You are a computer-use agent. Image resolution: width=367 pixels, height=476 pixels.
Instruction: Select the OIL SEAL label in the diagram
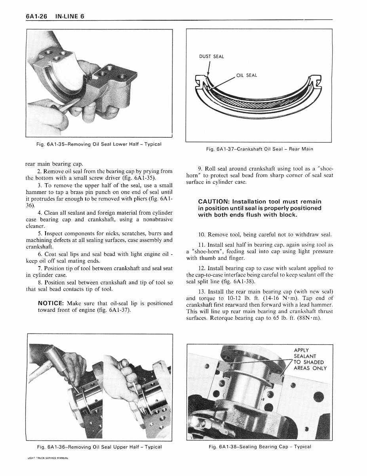coord(247,75)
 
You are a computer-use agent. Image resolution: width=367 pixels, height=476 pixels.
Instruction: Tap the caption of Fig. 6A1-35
coord(99,144)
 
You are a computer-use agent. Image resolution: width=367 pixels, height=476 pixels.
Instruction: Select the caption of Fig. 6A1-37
coord(259,149)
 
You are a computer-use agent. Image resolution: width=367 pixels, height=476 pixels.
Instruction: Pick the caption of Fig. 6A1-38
coord(260,447)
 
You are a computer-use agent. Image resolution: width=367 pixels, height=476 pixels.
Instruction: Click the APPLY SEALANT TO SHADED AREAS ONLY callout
coord(310,359)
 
